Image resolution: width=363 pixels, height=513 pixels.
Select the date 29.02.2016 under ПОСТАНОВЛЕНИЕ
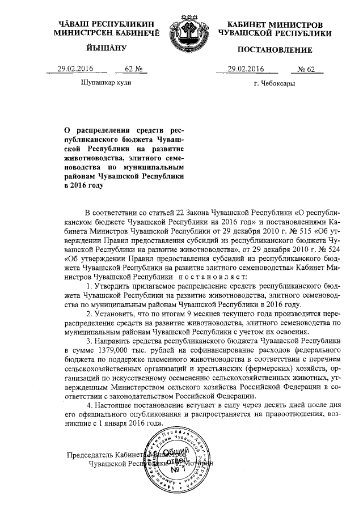pyautogui.click(x=247, y=69)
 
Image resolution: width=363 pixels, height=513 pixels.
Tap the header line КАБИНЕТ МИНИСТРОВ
pyautogui.click(x=275, y=26)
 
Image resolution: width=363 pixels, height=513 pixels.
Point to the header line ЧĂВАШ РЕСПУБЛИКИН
pyautogui.click(x=107, y=26)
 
